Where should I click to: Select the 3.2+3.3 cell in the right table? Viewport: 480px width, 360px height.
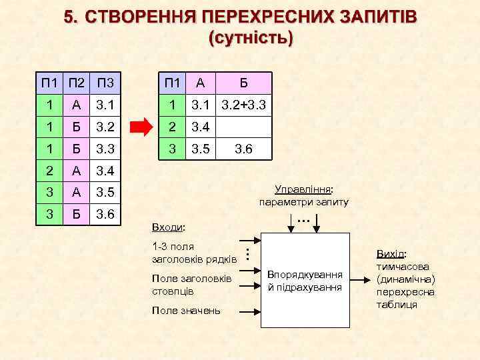click(x=243, y=105)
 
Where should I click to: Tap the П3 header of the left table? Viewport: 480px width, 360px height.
click(x=105, y=83)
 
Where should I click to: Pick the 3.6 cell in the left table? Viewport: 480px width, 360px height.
click(x=105, y=215)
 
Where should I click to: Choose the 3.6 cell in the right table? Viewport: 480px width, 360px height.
click(x=243, y=149)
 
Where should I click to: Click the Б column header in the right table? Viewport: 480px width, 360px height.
click(x=243, y=83)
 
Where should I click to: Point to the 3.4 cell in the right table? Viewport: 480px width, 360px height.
click(x=201, y=127)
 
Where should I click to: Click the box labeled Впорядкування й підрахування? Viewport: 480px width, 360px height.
click(x=305, y=281)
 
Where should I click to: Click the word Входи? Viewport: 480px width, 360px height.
click(x=169, y=227)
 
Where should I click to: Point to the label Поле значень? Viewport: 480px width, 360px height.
click(x=186, y=311)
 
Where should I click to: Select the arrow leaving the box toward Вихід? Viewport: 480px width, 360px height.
click(x=361, y=281)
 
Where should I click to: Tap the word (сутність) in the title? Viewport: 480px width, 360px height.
click(x=250, y=38)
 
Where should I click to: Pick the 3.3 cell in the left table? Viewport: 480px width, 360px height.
click(x=105, y=149)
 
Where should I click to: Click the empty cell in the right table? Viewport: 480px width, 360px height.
click(x=243, y=127)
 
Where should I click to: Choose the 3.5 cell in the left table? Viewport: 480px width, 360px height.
click(x=105, y=193)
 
